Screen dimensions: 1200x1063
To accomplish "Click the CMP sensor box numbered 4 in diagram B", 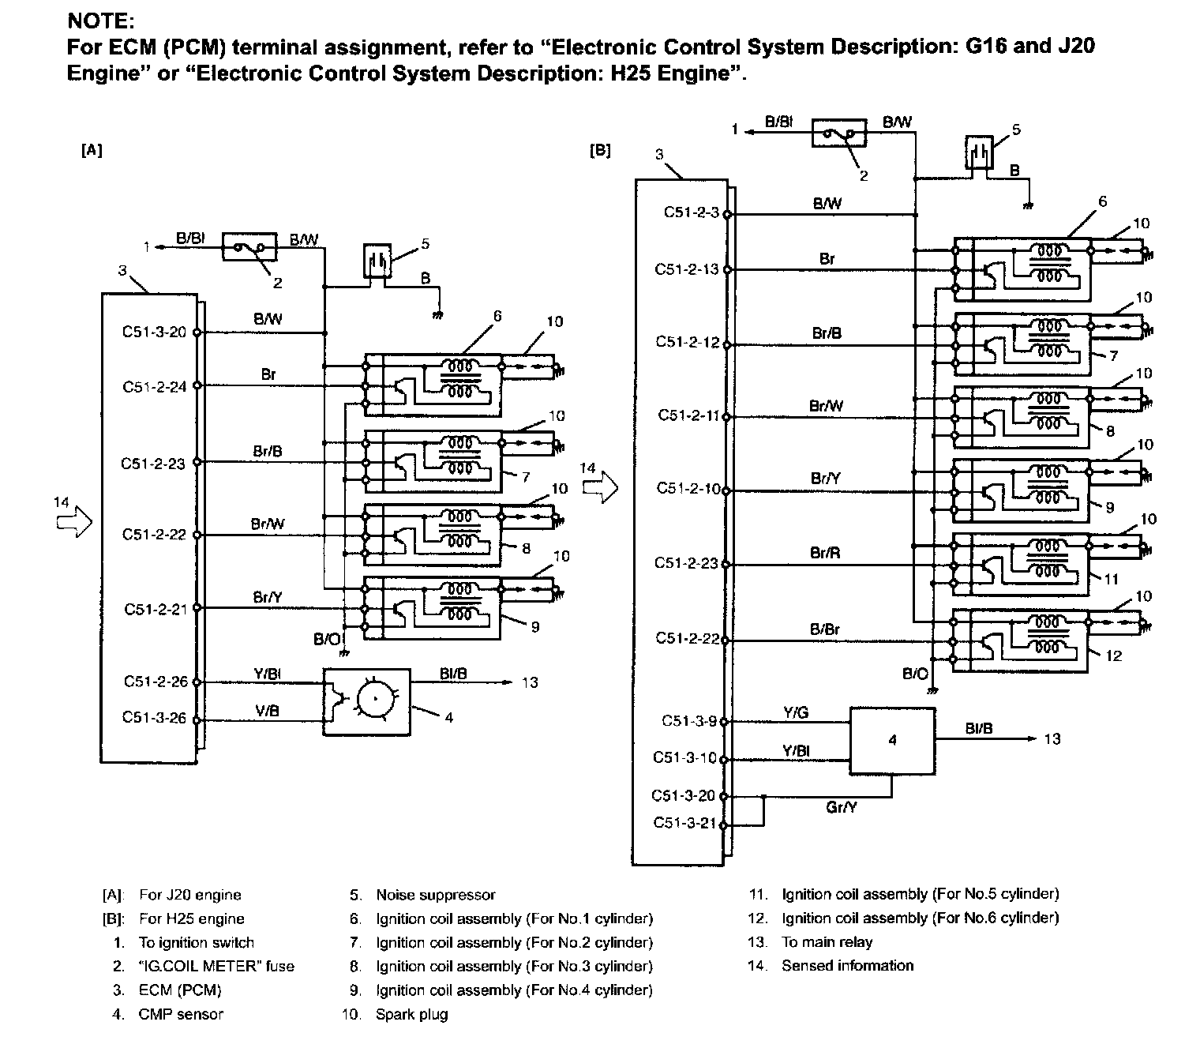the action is click(893, 740).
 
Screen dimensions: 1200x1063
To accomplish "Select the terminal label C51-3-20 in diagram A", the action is click(154, 331).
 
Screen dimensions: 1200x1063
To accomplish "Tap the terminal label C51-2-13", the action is click(687, 269).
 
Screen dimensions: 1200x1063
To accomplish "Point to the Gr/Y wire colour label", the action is click(841, 807).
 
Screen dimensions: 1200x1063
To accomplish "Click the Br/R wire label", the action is click(825, 553).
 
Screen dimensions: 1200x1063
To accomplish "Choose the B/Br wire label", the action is click(825, 629).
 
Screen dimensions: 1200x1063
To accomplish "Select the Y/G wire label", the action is click(796, 712).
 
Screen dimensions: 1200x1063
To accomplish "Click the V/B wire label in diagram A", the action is click(267, 711).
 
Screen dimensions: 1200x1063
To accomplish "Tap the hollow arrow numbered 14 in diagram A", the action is click(75, 522).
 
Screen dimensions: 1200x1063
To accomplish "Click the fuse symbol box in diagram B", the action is click(838, 133).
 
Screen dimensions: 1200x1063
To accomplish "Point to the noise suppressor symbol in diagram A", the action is click(377, 260).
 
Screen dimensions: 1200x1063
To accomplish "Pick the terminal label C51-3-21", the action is click(684, 822).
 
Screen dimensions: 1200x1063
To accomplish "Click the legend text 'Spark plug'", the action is click(411, 1014).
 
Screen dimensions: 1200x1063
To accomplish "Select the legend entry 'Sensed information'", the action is click(848, 965).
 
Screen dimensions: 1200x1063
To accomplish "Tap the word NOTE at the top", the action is click(101, 21).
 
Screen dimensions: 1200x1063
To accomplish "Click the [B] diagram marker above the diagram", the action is click(600, 150).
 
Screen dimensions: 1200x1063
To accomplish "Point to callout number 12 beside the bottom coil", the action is click(1113, 655).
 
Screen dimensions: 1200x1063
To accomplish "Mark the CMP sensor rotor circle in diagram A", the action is click(376, 699).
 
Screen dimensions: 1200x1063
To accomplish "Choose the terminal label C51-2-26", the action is click(156, 681).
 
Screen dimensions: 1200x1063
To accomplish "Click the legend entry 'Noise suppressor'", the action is click(435, 895).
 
